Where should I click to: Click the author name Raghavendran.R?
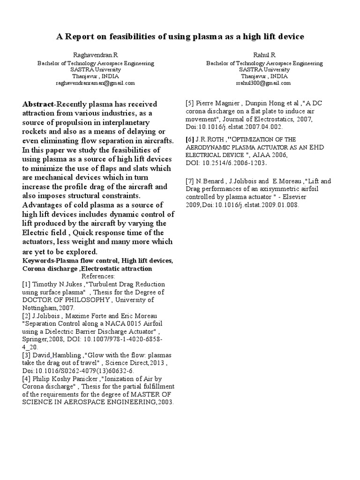coord(95,55)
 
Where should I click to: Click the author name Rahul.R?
coord(264,55)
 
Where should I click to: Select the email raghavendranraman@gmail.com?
coord(95,83)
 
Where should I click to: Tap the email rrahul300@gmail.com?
coord(264,83)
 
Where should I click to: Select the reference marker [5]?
coord(190,104)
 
